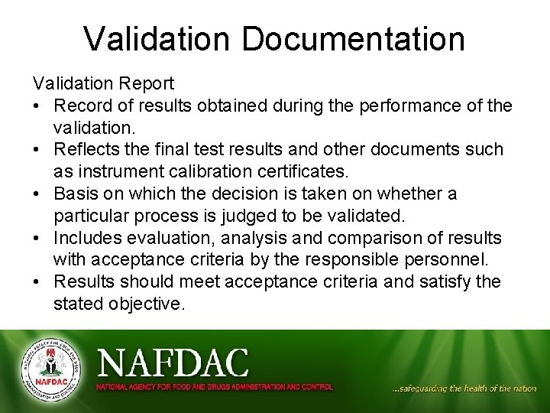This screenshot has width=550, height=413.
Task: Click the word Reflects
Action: coord(89,149)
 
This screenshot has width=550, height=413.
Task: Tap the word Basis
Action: coord(76,193)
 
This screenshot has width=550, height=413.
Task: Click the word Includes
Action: coord(86,238)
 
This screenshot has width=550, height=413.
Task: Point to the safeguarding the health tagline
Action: coord(464,389)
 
